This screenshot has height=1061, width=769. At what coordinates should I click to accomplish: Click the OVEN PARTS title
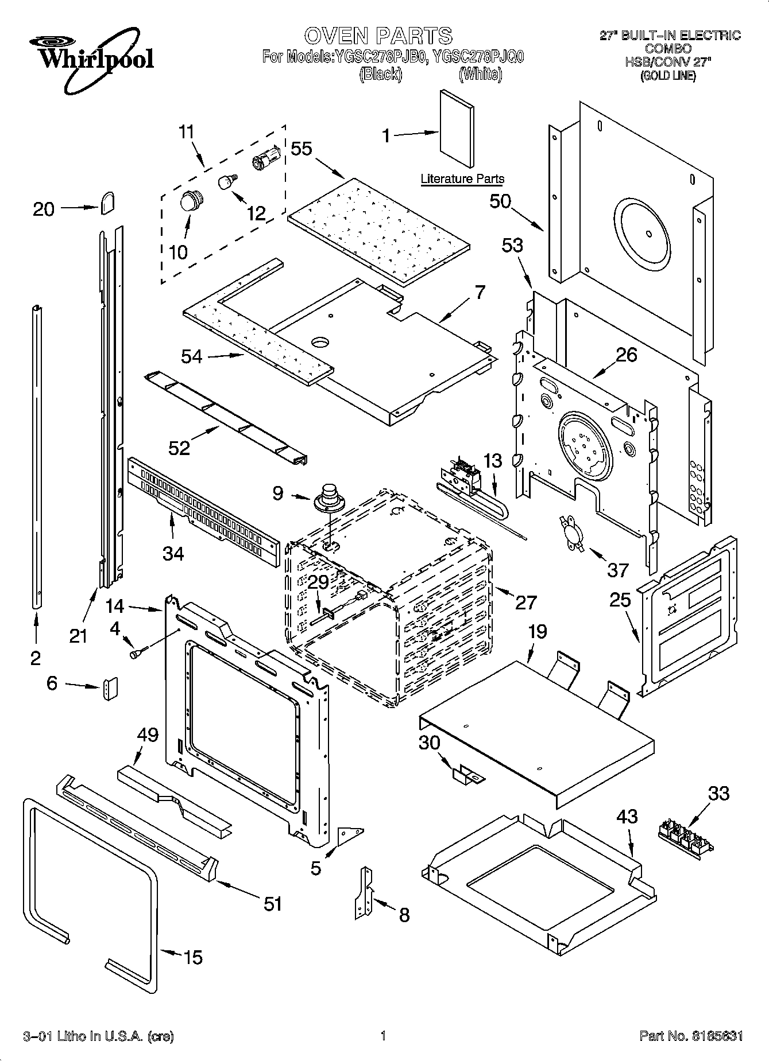click(x=378, y=36)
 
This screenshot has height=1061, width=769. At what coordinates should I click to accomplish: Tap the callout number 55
click(x=301, y=149)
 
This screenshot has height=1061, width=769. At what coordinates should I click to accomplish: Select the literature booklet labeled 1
click(x=457, y=130)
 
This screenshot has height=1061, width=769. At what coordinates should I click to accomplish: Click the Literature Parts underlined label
click(x=462, y=179)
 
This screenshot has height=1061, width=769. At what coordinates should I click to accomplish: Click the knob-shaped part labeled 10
click(x=189, y=202)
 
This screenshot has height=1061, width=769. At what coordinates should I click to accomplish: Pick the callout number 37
click(x=618, y=570)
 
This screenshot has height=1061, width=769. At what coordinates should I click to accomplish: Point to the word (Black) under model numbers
click(x=380, y=75)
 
